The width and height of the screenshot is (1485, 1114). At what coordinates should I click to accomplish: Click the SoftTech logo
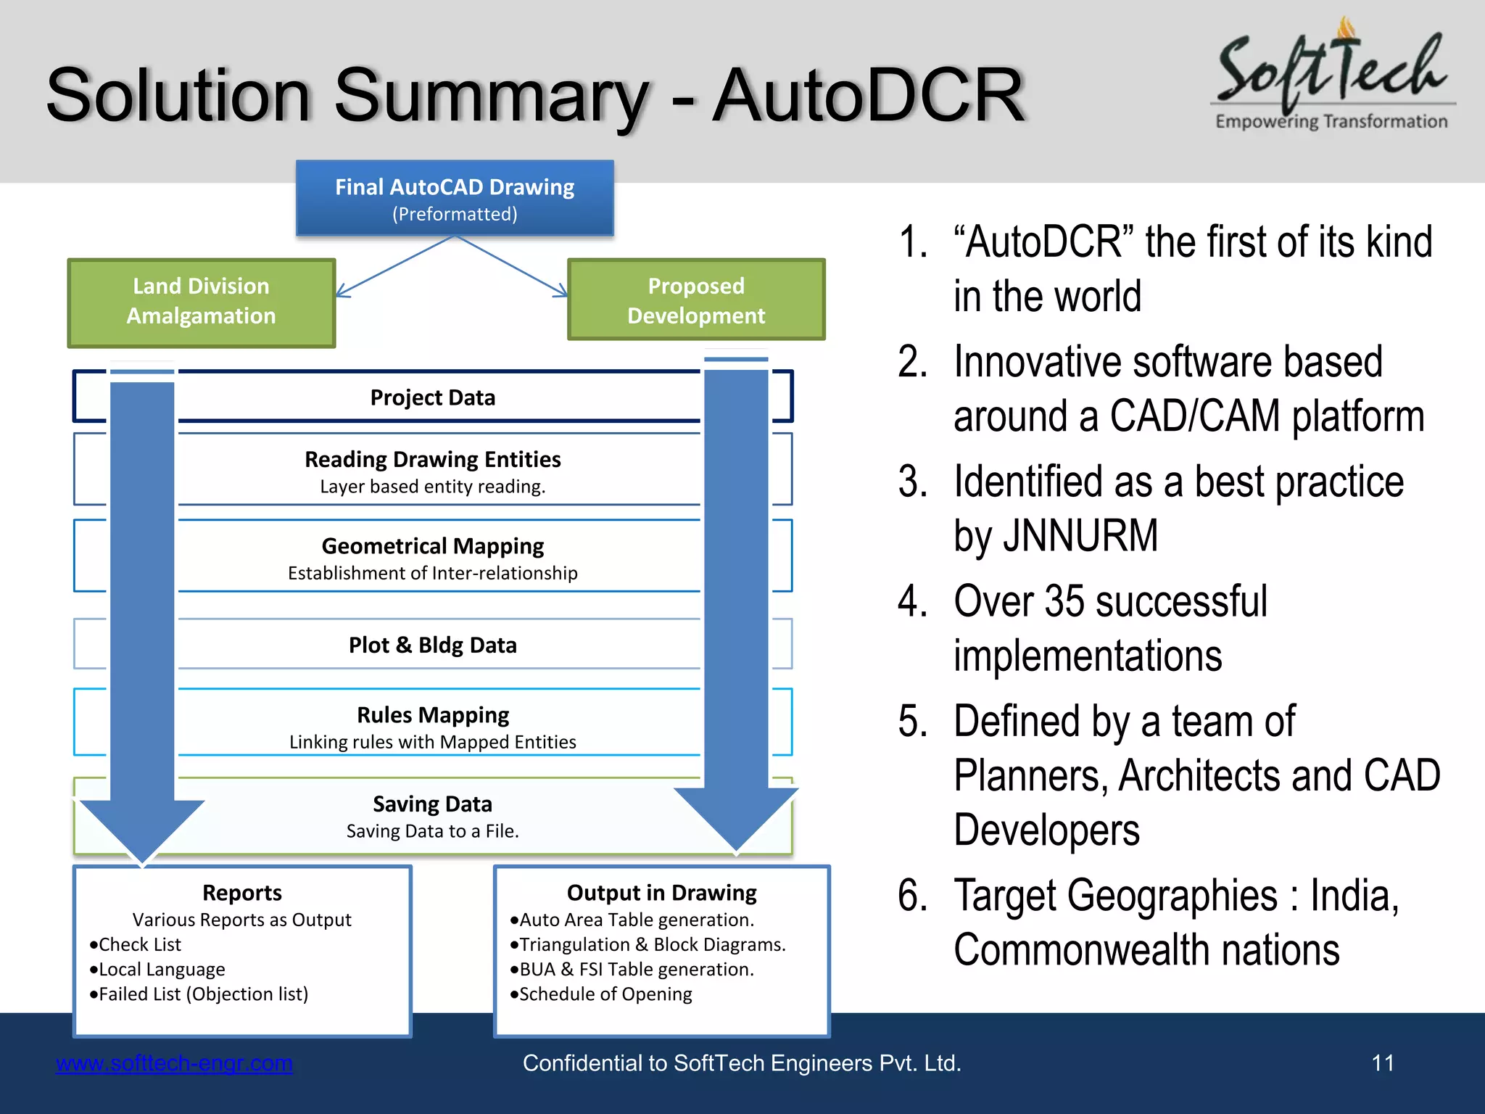coord(1332,76)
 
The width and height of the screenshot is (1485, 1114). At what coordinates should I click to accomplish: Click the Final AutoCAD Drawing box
coord(455,198)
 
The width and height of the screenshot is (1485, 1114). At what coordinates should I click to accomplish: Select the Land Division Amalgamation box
coord(201,302)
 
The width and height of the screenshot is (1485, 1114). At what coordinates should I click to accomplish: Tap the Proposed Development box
coord(695,300)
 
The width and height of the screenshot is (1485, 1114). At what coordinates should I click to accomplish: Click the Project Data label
coord(432,397)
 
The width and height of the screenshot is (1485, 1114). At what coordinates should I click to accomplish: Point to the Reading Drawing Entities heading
coord(432,459)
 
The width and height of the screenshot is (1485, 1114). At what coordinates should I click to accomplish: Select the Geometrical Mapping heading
coord(432,545)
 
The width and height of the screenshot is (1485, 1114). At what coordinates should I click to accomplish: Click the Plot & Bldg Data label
coord(432,645)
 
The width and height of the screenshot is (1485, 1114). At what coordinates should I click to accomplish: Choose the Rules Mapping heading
coord(432,715)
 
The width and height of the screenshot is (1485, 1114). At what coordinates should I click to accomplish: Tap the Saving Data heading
coord(432,804)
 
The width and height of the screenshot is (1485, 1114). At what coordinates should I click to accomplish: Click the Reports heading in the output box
coord(242,892)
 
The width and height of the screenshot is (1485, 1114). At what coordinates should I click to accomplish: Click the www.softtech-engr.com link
coord(174,1063)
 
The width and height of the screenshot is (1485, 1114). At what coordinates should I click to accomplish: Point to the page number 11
coord(1383,1063)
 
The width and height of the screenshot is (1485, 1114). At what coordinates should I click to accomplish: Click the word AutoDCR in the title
coord(867,96)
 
